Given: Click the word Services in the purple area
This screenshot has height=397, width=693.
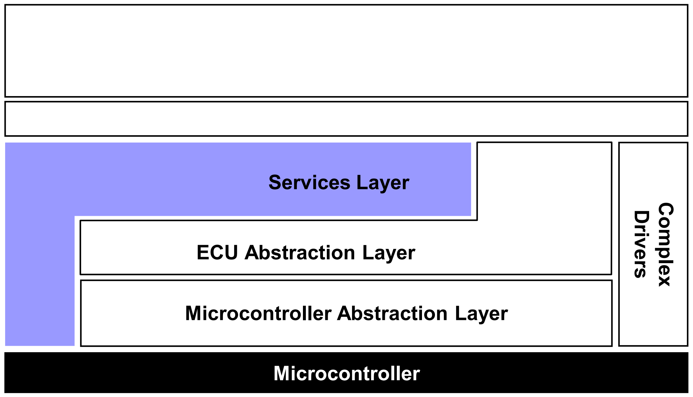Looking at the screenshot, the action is pos(309,183).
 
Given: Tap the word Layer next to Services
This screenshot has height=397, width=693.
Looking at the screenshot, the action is pos(383,183).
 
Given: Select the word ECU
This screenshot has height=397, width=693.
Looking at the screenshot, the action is pos(217,252).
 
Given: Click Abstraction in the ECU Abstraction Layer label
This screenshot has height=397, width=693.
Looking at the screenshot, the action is pos(300,252).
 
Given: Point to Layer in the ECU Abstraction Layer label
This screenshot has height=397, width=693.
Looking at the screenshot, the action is pos(389,253).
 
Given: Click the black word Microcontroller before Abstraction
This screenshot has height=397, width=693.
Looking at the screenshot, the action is pos(258,313).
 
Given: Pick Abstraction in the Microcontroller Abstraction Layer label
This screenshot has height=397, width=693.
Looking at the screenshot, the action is pos(392,313).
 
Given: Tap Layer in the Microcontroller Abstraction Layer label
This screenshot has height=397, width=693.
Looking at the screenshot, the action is pos(481,314).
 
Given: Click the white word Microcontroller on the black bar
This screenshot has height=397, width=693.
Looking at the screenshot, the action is pos(347,373).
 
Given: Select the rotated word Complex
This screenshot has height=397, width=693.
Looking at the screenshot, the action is pos(665,244).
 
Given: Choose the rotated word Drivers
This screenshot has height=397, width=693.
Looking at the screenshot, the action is pos(641,244).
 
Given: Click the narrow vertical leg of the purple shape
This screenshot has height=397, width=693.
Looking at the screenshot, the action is pos(40,281).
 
